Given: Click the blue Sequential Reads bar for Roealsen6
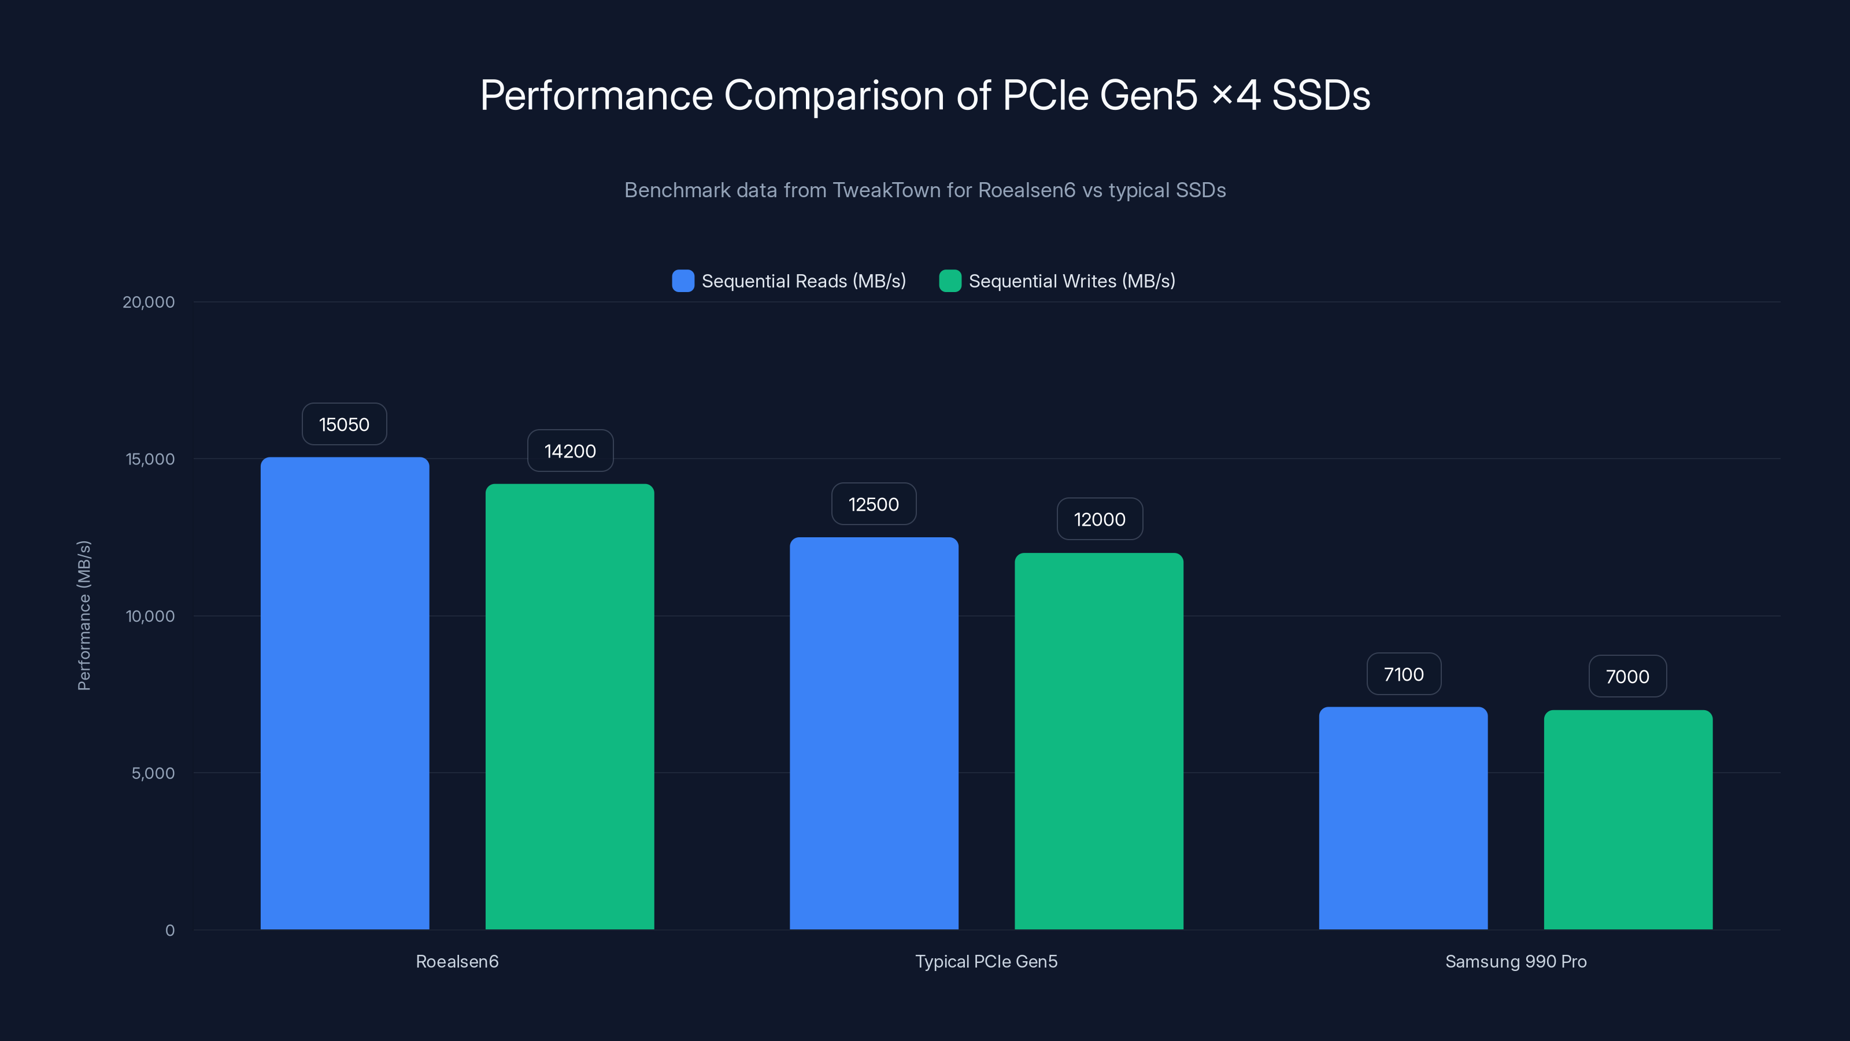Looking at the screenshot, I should [345, 693].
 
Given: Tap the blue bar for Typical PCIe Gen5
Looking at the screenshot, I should [874, 733].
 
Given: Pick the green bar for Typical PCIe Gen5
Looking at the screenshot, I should [1099, 741].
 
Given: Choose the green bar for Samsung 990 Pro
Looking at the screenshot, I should [1628, 819].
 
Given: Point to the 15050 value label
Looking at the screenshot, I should [344, 424].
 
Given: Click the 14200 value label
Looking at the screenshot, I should [570, 451].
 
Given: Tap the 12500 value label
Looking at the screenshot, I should [874, 504].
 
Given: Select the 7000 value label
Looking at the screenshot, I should [1627, 677].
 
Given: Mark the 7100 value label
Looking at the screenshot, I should [1403, 674].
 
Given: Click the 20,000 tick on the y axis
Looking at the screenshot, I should [149, 302].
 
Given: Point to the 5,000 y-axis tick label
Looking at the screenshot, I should [153, 774].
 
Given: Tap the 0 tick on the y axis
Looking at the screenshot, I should [169, 931].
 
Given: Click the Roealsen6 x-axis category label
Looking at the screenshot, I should [457, 961].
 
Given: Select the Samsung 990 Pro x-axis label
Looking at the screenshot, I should [1515, 961].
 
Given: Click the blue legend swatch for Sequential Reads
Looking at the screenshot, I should [683, 281].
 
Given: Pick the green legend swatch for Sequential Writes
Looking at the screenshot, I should [950, 281].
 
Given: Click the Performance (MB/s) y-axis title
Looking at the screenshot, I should [84, 616].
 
